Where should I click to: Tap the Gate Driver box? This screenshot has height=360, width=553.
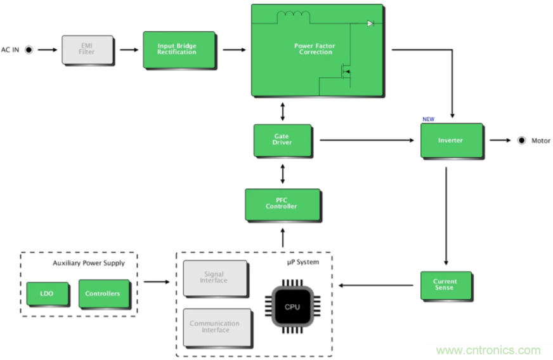pyautogui.click(x=282, y=140)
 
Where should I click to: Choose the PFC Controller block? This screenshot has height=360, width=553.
pyautogui.click(x=281, y=204)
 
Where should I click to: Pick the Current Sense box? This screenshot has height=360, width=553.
pyautogui.click(x=445, y=285)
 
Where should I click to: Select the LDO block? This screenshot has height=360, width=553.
pyautogui.click(x=46, y=293)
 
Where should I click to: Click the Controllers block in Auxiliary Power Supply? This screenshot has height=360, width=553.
pyautogui.click(x=102, y=293)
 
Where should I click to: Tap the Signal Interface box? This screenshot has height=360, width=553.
pyautogui.click(x=214, y=278)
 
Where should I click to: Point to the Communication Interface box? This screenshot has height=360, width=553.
pyautogui.click(x=214, y=327)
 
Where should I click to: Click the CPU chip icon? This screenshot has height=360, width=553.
pyautogui.click(x=292, y=307)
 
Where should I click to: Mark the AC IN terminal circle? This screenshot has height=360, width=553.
pyautogui.click(x=29, y=49)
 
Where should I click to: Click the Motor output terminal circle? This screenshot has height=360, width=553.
pyautogui.click(x=522, y=140)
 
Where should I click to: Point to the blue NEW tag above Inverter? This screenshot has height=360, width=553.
pyautogui.click(x=429, y=119)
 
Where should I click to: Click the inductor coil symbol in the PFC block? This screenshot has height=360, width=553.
pyautogui.click(x=290, y=15)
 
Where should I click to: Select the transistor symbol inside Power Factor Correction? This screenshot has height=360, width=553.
pyautogui.click(x=346, y=71)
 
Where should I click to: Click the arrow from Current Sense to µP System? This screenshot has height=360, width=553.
pyautogui.click(x=378, y=285)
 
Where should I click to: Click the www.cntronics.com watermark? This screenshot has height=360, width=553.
pyautogui.click(x=488, y=350)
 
